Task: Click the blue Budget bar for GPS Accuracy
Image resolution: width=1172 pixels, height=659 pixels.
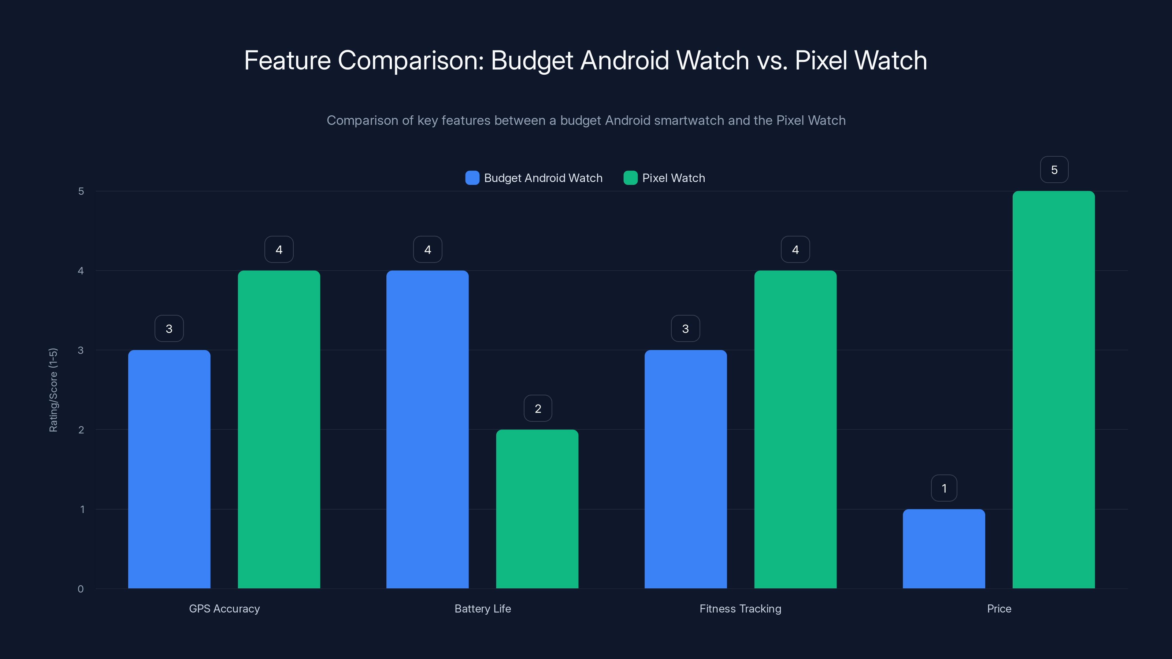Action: [x=169, y=469]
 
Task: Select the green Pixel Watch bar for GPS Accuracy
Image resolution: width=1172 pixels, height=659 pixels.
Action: [x=279, y=429]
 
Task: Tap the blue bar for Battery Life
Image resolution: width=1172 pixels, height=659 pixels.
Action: [x=427, y=429]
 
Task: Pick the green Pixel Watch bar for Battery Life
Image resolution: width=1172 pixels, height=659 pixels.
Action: [x=537, y=509]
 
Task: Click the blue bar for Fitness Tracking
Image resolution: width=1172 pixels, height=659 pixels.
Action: [x=686, y=469]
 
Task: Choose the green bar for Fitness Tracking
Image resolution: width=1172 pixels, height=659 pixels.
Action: [x=795, y=429]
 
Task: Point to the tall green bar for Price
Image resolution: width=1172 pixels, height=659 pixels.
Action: [x=1054, y=390]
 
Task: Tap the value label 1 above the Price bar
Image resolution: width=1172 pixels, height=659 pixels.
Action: [x=944, y=488]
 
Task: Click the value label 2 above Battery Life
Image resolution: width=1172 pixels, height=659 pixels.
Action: [x=538, y=409]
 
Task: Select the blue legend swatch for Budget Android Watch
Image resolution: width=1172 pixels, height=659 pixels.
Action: [x=472, y=178]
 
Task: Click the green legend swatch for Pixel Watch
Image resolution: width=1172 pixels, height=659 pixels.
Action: [x=630, y=178]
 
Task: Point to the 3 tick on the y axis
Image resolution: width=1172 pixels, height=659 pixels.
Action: [x=81, y=350]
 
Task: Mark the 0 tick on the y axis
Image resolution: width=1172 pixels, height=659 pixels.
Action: [x=81, y=589]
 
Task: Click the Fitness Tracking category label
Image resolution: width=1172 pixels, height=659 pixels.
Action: [x=740, y=608]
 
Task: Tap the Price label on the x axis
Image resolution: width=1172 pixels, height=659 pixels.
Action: [x=999, y=608]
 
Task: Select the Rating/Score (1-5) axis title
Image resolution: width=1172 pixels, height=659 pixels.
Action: [x=53, y=390]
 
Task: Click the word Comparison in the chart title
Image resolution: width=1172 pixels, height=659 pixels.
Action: [x=411, y=60]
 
